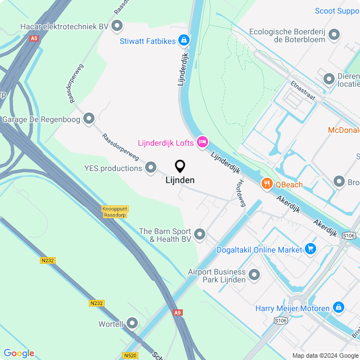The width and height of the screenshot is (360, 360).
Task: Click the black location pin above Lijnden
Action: [180, 166]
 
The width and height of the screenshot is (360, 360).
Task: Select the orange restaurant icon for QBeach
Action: [267, 184]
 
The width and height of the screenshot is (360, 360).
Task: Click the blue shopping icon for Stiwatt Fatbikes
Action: [183, 40]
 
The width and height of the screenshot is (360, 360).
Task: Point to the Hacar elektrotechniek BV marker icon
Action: [117, 26]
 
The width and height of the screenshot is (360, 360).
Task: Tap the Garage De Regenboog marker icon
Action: [88, 119]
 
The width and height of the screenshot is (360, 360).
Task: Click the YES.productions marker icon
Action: [151, 168]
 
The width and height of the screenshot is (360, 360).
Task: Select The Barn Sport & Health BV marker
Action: [200, 234]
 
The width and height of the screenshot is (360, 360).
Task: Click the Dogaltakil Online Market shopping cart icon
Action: [310, 249]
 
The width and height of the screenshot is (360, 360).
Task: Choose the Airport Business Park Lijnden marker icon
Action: [254, 275]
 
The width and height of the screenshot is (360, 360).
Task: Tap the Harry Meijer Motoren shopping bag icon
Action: [338, 308]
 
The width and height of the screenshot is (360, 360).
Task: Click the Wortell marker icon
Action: [132, 323]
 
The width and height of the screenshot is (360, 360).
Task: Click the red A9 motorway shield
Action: [178, 312]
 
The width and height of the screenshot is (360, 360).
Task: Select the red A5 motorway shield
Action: [34, 38]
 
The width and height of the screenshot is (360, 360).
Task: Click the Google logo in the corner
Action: [19, 353]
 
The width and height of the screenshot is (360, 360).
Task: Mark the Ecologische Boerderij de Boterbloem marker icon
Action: [334, 35]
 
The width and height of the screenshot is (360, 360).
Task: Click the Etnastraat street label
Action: [303, 89]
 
